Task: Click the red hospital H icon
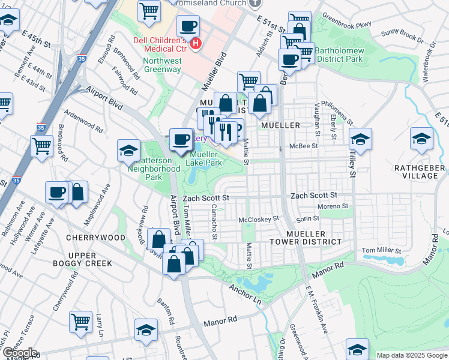195,43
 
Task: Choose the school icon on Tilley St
360,140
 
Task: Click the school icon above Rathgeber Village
422,138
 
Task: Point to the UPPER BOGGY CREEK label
90,259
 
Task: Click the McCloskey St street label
259,220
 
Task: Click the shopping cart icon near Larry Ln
80,321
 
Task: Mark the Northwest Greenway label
162,65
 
